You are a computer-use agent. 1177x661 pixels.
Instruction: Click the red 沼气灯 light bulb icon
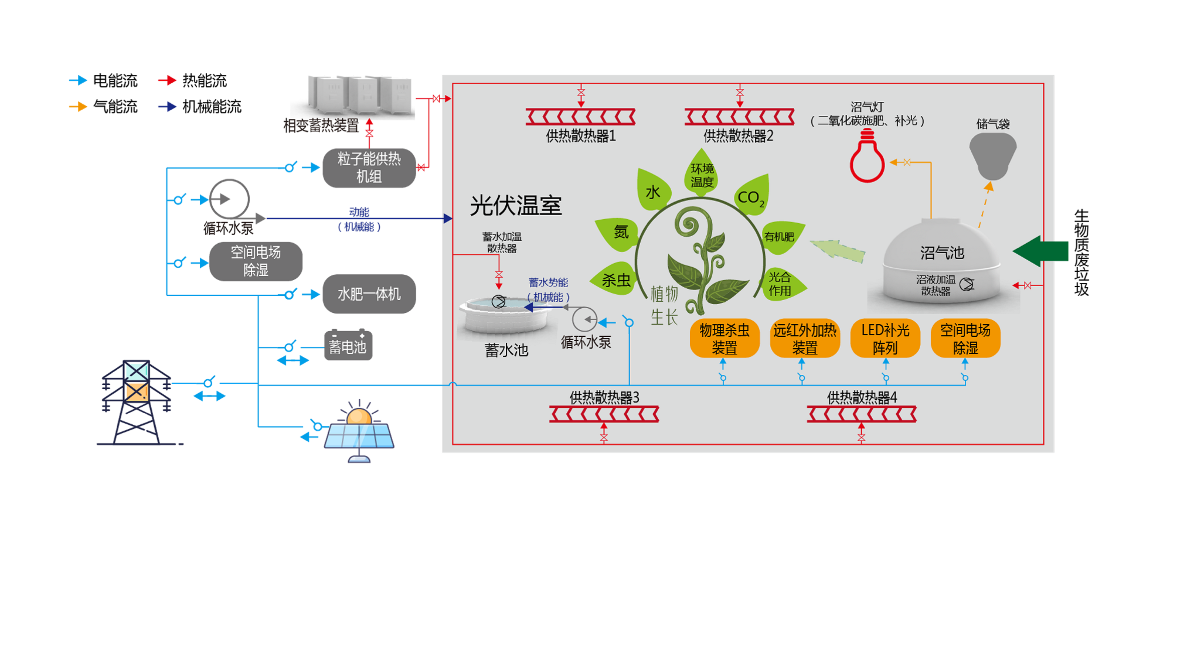867,157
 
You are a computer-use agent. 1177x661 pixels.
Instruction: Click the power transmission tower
136,402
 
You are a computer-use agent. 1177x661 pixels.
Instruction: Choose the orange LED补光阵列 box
885,339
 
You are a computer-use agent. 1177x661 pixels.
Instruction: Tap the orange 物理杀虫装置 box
724,339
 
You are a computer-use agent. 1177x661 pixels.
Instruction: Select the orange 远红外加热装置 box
805,339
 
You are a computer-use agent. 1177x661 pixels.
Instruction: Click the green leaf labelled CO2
752,196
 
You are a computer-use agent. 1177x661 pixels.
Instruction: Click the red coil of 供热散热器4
861,414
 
